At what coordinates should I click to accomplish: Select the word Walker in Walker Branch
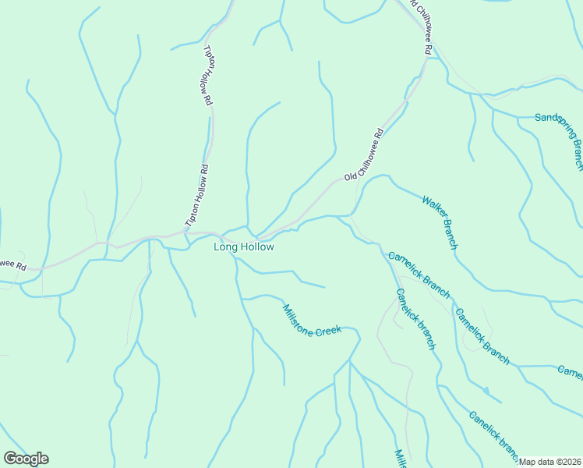pyautogui.click(x=433, y=209)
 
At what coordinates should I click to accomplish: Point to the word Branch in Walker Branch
pyautogui.click(x=450, y=233)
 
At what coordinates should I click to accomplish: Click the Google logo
pyautogui.click(x=26, y=459)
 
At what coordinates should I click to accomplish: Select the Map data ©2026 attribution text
pyautogui.click(x=549, y=462)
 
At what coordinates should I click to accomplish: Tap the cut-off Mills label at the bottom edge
pyautogui.click(x=400, y=459)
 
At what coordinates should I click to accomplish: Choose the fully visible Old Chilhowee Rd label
pyautogui.click(x=365, y=154)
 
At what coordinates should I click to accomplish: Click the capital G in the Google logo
pyautogui.click(x=10, y=459)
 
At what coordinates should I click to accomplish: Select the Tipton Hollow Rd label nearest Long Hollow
pyautogui.click(x=196, y=195)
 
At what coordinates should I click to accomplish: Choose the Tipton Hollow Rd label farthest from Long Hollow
pyautogui.click(x=208, y=75)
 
